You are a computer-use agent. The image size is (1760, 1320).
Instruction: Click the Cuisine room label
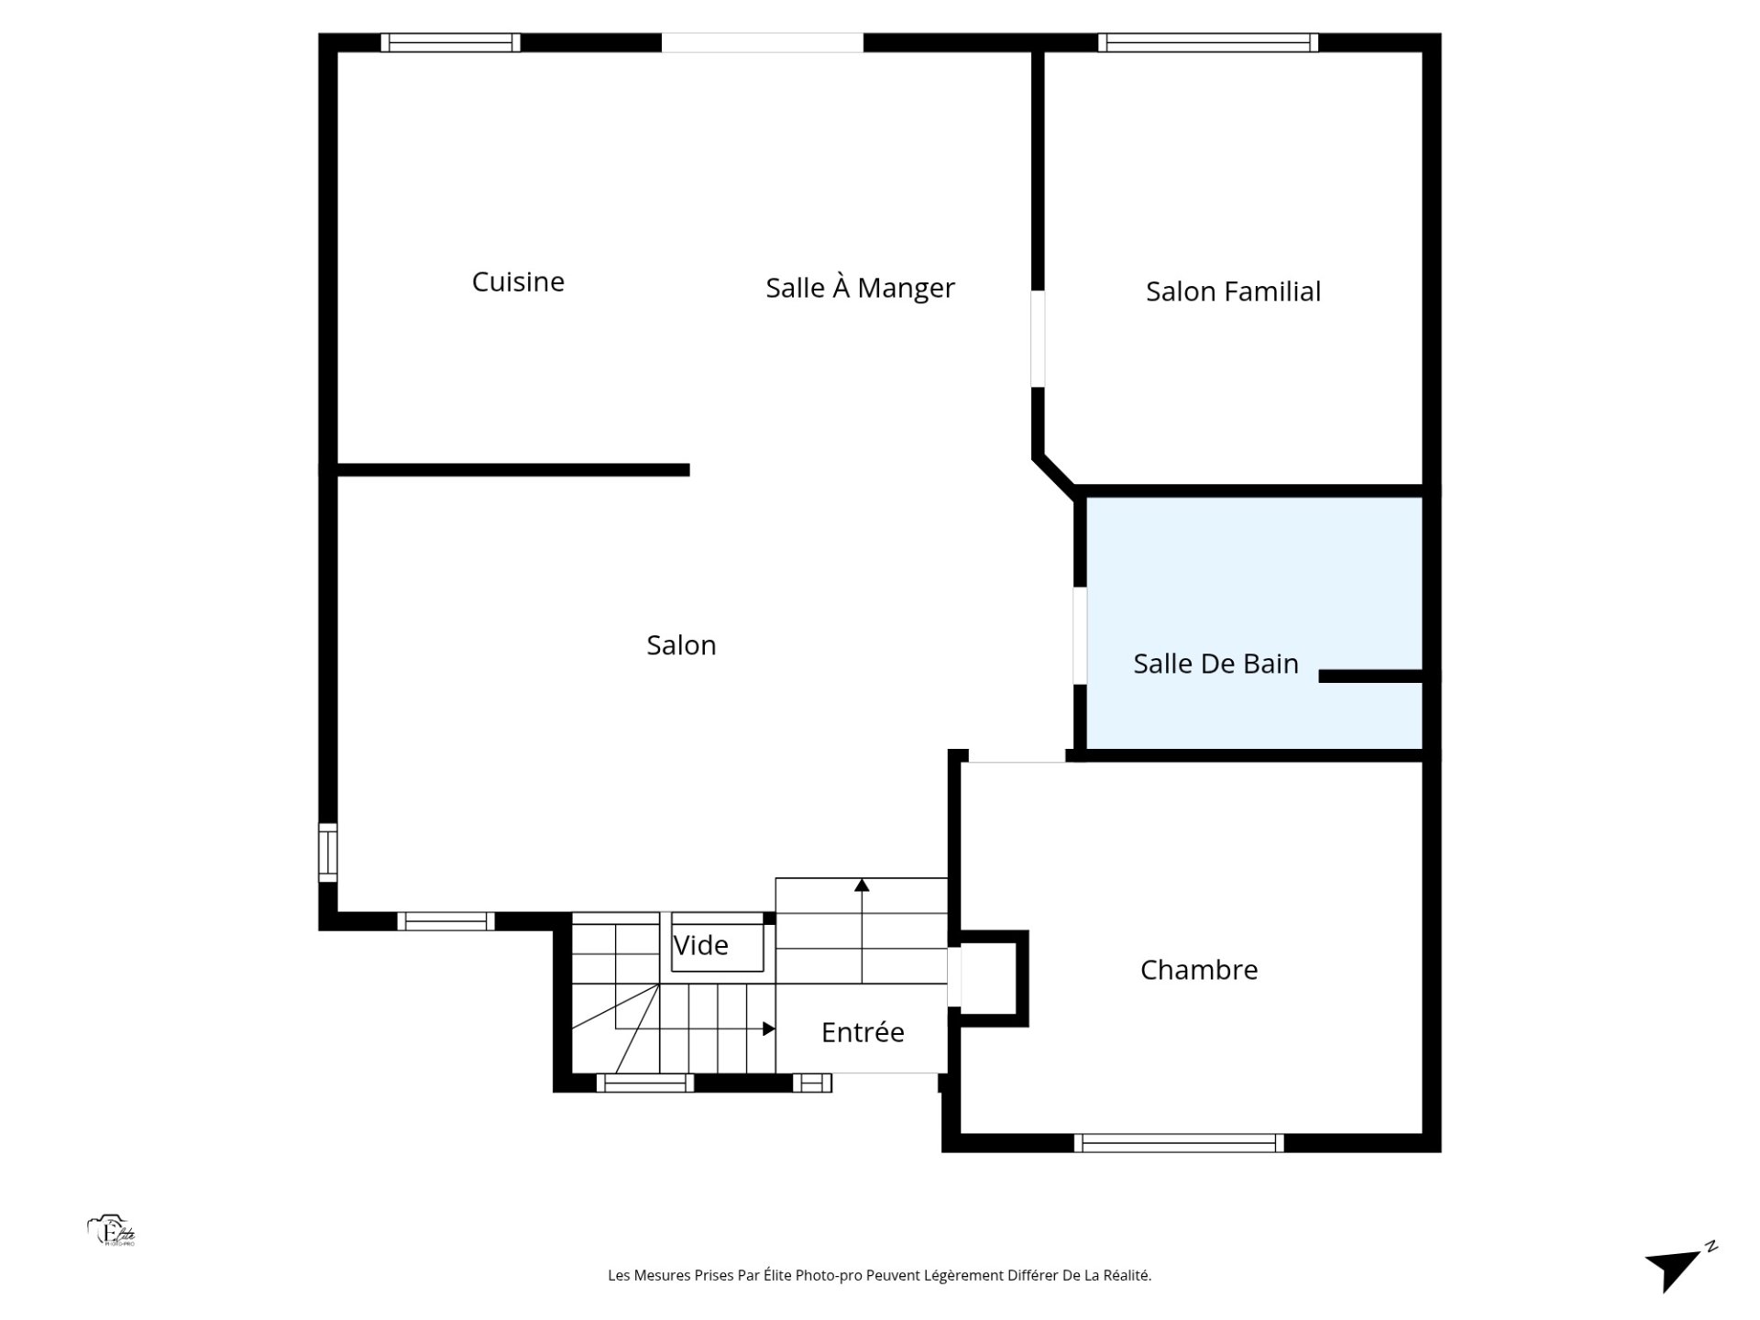(x=518, y=281)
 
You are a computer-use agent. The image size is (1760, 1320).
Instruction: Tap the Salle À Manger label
(x=860, y=288)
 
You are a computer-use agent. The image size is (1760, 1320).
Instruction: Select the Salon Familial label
(x=1233, y=291)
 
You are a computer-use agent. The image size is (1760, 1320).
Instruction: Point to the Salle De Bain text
(x=1215, y=664)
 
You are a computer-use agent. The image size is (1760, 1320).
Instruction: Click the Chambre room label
(x=1199, y=970)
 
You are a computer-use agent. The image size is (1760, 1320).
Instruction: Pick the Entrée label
(x=863, y=1032)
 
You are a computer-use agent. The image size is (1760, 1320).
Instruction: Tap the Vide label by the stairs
(x=700, y=945)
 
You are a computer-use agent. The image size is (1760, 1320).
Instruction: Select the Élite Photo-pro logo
(x=112, y=1231)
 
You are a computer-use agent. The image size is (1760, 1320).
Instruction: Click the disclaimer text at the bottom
(x=879, y=1275)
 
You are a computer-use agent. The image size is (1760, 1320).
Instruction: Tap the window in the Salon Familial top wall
(x=1208, y=42)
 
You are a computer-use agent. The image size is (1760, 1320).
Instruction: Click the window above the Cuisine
(x=450, y=42)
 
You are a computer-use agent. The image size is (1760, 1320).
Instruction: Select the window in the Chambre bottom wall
(x=1179, y=1143)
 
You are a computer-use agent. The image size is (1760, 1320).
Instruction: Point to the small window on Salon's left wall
(x=327, y=852)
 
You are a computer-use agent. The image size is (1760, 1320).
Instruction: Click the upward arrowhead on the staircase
(x=862, y=885)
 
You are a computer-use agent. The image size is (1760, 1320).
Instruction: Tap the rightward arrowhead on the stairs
(x=769, y=1028)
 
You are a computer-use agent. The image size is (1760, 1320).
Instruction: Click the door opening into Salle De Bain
(x=1080, y=635)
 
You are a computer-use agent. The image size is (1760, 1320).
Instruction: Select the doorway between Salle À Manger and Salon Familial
(x=1038, y=339)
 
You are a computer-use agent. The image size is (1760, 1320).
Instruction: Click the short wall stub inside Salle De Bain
(x=1370, y=676)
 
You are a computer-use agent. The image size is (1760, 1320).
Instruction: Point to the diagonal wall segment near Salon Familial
(x=1055, y=474)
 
